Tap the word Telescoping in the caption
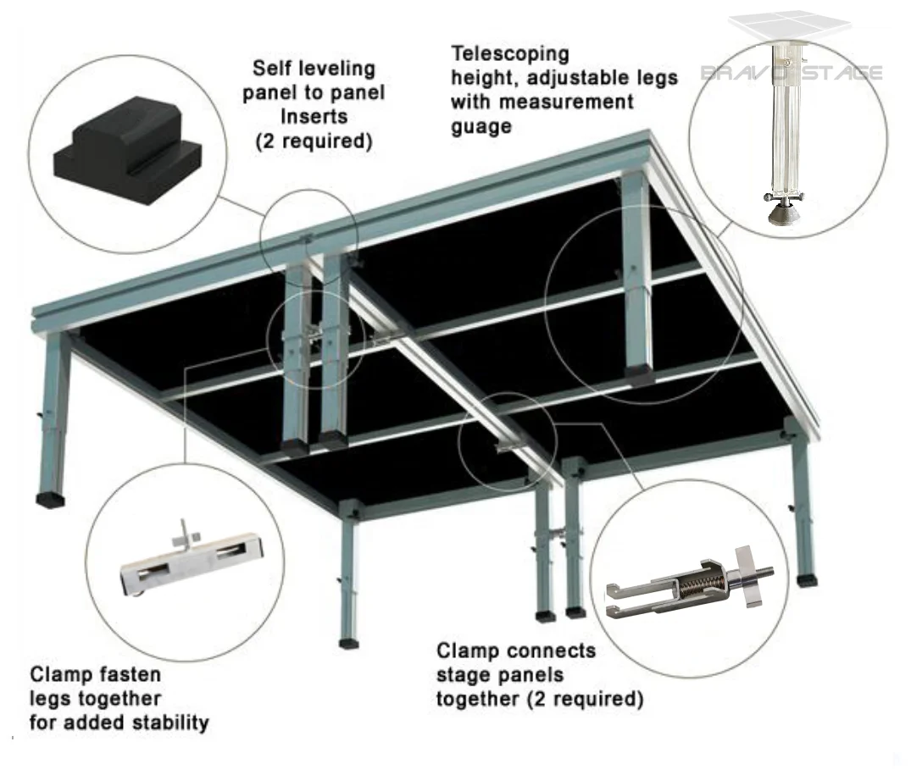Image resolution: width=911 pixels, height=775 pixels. (x=510, y=54)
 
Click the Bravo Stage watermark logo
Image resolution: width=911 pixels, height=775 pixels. (x=792, y=72)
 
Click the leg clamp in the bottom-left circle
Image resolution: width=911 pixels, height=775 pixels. (x=191, y=562)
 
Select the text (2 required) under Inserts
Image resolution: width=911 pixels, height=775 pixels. (x=314, y=141)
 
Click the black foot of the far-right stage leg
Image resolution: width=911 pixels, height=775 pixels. (x=808, y=581)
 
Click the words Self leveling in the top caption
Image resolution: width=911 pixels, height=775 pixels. (x=314, y=69)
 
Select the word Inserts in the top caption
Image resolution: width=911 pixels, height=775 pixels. (x=314, y=117)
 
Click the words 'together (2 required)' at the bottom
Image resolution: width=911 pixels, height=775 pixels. (x=539, y=700)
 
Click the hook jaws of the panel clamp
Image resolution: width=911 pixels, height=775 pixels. (x=627, y=599)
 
